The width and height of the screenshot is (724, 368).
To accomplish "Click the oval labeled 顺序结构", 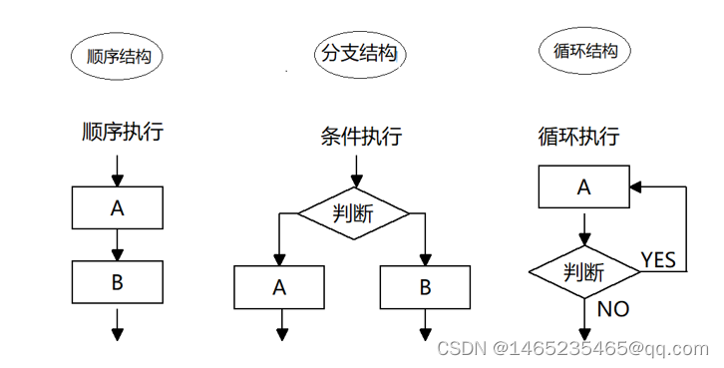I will click(118, 56).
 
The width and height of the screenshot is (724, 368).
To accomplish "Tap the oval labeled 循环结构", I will click(586, 50).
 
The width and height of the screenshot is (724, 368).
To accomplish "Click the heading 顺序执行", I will click(123, 131).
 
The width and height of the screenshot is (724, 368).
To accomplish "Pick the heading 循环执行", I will click(578, 136).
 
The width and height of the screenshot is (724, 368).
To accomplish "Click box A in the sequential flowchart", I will click(118, 207).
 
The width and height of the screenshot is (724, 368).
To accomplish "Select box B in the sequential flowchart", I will click(118, 282).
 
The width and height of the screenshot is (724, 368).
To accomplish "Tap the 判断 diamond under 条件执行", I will click(354, 212).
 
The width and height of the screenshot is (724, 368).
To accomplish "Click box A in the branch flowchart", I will click(280, 287).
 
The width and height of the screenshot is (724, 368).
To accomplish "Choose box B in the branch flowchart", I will click(425, 287).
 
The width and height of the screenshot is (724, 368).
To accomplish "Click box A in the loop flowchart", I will click(584, 186).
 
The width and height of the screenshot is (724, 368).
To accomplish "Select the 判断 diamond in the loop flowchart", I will click(584, 270).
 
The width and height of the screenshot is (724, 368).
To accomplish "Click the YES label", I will click(658, 260).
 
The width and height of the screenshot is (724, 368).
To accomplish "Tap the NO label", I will click(613, 309).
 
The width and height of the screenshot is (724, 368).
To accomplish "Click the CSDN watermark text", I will click(571, 348).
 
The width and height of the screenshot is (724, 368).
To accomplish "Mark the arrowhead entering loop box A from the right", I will click(636, 186).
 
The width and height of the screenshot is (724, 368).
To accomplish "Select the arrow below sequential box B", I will click(118, 323).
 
